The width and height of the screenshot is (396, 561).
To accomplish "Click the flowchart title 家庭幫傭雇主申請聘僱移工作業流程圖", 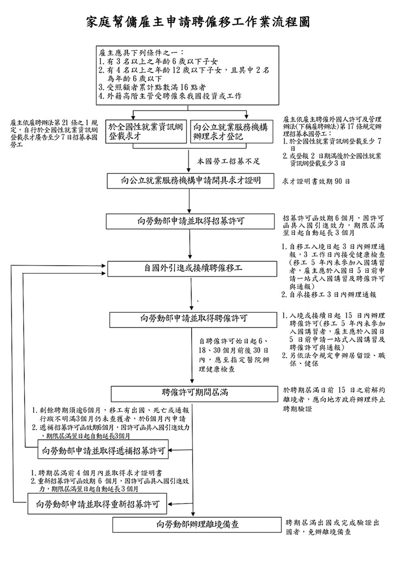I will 198,22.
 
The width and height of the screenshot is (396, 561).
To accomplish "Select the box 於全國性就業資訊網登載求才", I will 146,132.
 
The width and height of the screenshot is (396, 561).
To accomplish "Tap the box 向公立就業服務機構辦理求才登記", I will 231,132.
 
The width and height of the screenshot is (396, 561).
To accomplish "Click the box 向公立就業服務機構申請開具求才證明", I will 191,181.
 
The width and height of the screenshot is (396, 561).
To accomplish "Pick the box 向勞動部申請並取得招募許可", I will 191,221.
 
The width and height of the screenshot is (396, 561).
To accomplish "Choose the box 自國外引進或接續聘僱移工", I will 193,269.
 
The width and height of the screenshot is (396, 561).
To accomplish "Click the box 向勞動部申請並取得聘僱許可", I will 194,318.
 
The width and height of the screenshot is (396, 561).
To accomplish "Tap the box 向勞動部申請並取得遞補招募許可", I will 103,450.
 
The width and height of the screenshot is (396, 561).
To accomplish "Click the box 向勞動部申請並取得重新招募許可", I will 98,504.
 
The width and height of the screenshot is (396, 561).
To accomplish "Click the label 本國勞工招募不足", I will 229,162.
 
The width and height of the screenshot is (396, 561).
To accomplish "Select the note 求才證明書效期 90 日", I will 316,182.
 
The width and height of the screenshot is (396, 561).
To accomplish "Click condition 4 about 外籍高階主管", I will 170,96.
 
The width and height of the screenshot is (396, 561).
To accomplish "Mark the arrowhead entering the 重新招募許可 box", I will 170,504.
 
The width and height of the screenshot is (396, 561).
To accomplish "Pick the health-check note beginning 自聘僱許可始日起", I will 234,355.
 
